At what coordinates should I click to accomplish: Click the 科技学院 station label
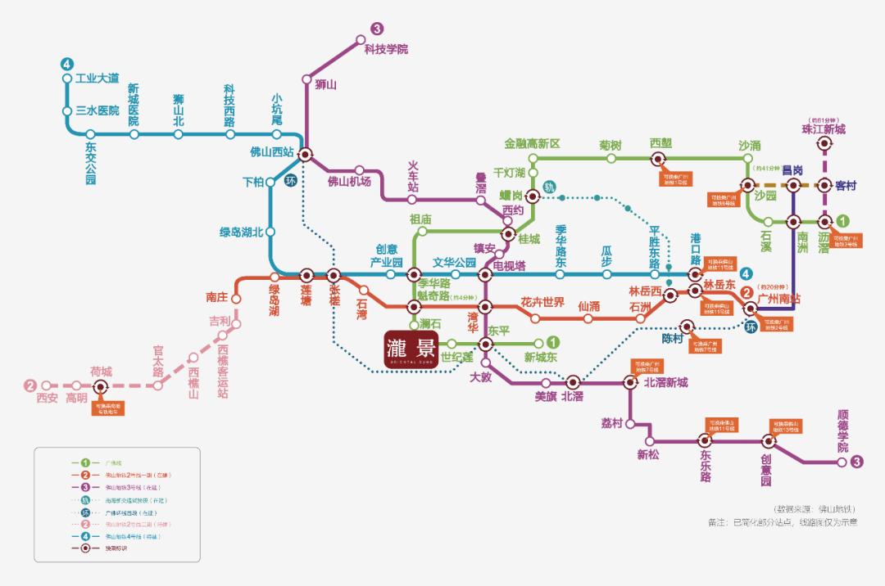[385, 49]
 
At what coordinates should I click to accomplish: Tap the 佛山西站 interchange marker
[305, 153]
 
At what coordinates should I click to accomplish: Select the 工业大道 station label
[97, 79]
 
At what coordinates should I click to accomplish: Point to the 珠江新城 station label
[823, 129]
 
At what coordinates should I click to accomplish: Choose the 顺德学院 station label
[842, 431]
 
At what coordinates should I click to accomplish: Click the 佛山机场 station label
[349, 181]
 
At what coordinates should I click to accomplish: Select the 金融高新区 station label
[532, 144]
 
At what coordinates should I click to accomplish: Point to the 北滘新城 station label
[665, 382]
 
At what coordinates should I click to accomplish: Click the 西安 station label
[47, 399]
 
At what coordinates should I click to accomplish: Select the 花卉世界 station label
[542, 302]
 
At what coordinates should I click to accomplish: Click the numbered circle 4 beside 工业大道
[67, 64]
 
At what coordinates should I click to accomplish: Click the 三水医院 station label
[97, 110]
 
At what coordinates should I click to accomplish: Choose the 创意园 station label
[765, 471]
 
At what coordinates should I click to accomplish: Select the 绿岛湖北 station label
[241, 232]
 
